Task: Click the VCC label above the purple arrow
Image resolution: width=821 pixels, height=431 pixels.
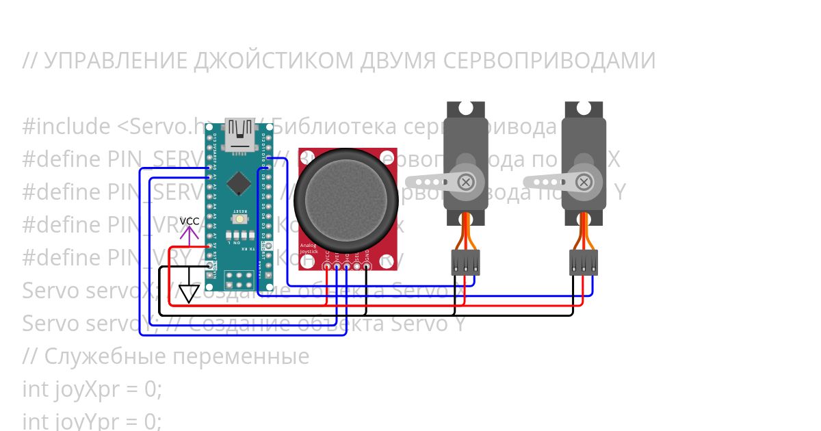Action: pyautogui.click(x=190, y=222)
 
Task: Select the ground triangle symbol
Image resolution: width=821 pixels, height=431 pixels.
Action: pyautogui.click(x=189, y=293)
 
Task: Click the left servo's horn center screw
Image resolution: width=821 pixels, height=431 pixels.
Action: pyautogui.click(x=466, y=181)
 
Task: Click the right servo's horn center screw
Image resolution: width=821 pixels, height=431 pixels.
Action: pyautogui.click(x=583, y=181)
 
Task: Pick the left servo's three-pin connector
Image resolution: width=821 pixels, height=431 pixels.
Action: pyautogui.click(x=465, y=262)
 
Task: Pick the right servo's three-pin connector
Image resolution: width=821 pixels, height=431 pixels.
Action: pyautogui.click(x=583, y=262)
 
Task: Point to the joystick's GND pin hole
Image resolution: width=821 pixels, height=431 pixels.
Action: pyautogui.click(x=367, y=266)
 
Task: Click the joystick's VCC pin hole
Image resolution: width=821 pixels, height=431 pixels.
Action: pyautogui.click(x=328, y=266)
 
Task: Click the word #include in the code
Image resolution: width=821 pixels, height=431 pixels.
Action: pyautogui.click(x=66, y=127)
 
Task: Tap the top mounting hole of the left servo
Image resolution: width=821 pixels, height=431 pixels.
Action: pyautogui.click(x=466, y=109)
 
